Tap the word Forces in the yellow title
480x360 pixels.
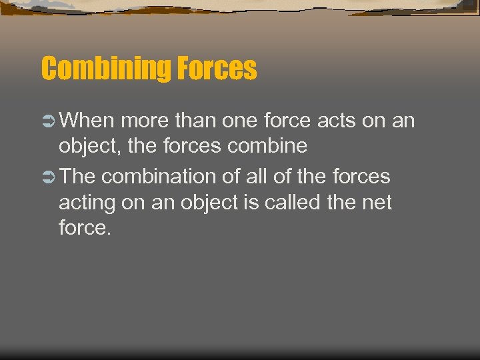click(x=216, y=68)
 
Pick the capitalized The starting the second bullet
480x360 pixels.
click(x=80, y=177)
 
